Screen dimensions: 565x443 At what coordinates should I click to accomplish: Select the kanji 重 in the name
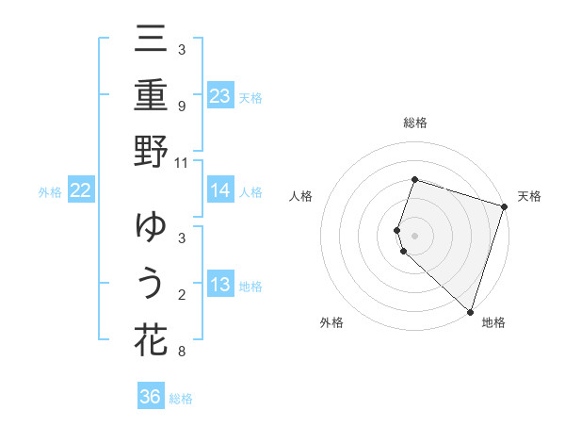click(151, 97)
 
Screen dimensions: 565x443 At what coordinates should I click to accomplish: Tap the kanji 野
click(151, 152)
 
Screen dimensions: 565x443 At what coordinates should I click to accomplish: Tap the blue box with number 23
click(220, 95)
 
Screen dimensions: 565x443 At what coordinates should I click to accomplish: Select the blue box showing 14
click(220, 190)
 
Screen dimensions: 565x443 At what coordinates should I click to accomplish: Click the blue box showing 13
click(220, 285)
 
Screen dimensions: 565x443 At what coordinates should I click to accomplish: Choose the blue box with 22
click(81, 190)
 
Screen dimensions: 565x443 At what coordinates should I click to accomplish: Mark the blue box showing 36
click(151, 397)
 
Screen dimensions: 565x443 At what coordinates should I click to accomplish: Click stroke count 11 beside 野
click(182, 162)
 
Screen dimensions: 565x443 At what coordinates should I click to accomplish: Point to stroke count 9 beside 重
click(182, 107)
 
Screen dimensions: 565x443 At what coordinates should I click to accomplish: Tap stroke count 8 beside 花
click(182, 352)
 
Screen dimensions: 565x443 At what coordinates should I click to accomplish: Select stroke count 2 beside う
click(182, 295)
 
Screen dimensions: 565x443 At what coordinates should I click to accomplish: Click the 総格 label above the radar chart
click(414, 123)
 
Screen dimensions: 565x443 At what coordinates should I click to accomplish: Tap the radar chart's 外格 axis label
click(331, 323)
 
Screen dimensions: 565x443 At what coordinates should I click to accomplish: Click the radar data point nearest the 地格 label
click(470, 311)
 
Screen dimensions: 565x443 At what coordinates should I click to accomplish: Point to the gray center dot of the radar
click(414, 234)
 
